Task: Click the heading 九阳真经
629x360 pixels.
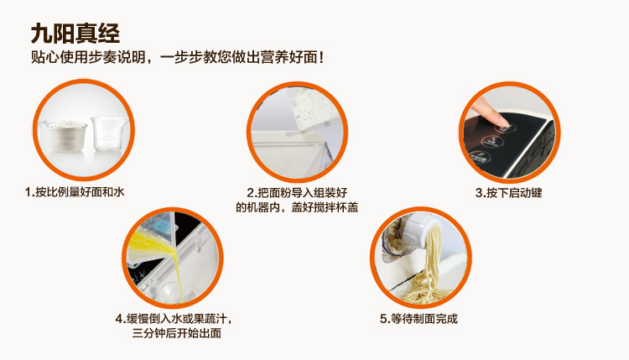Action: coord(75,34)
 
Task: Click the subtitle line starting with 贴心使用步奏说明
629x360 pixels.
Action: coord(177,57)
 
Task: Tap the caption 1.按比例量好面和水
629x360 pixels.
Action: coord(75,192)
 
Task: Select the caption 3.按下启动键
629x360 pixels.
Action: coord(509,193)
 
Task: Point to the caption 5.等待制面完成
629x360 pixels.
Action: coord(418,319)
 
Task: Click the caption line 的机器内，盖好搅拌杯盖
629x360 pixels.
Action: coord(297,207)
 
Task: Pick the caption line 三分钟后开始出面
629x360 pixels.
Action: coord(176,332)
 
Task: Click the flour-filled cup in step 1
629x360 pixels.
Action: coord(65,136)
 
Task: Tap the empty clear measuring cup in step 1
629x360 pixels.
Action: coord(107,133)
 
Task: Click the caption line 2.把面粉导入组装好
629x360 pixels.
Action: coord(297,193)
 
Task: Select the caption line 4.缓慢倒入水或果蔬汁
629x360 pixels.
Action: coord(174,319)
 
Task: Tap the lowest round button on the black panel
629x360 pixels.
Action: coord(478,157)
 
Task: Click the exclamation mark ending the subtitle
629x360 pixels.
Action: coord(320,57)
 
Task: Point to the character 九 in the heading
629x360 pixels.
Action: coord(41,34)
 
